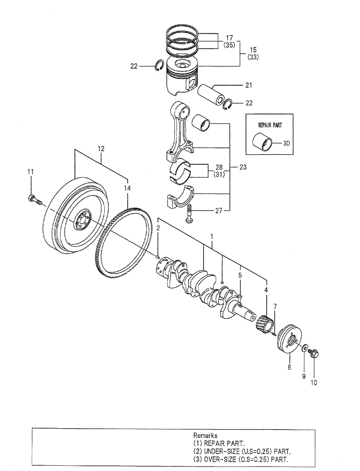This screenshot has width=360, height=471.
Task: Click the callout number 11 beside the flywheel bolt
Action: pyautogui.click(x=30, y=172)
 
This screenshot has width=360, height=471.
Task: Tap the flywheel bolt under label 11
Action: pyautogui.click(x=34, y=200)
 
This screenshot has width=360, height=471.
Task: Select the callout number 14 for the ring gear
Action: pyautogui.click(x=126, y=188)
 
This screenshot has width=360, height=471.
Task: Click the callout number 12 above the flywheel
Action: pyautogui.click(x=101, y=148)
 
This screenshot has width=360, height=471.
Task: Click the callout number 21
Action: pyautogui.click(x=248, y=85)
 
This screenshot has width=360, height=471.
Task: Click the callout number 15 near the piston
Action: pyautogui.click(x=254, y=49)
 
